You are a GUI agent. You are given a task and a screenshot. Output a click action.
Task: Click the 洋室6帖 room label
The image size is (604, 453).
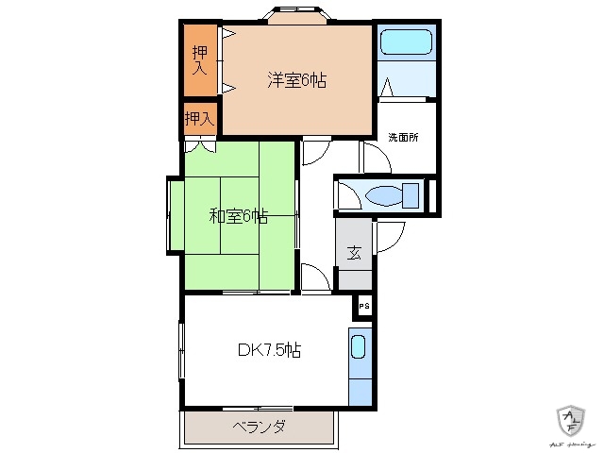(296, 81)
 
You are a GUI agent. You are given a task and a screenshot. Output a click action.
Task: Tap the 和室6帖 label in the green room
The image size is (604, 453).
(238, 216)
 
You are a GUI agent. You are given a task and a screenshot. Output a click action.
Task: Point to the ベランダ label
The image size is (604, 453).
(259, 427)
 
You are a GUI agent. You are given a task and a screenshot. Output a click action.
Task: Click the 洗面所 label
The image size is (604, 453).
(403, 137)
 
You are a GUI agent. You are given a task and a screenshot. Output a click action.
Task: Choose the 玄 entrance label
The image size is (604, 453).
(354, 252)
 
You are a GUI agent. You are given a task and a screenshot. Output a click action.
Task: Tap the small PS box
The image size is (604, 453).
(364, 307)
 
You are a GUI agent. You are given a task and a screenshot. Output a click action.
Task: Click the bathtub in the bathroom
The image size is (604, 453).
(405, 44)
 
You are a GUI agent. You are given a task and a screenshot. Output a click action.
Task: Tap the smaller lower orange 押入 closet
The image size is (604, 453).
(199, 119)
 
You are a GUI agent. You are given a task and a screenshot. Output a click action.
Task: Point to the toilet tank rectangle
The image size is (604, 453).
(411, 196)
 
